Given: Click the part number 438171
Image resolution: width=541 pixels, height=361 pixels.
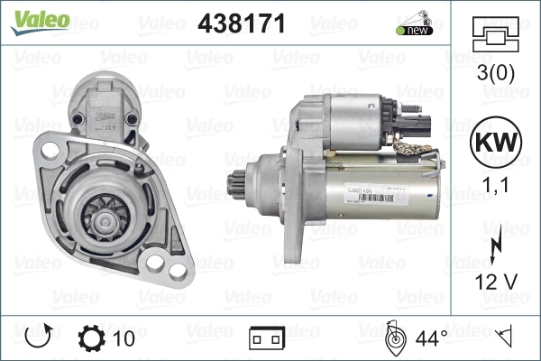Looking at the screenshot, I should click(x=241, y=24).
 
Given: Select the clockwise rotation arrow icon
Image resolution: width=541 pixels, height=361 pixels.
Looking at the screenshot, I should click(x=37, y=338).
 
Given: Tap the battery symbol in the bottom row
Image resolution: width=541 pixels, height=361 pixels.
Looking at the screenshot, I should click(x=266, y=339).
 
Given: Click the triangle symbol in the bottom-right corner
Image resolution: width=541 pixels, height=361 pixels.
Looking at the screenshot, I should click(x=506, y=338).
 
